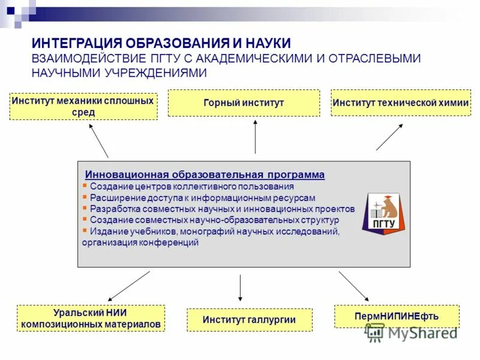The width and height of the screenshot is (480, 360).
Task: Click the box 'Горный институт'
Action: (x=243, y=103)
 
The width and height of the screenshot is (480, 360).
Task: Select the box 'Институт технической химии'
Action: (x=400, y=103)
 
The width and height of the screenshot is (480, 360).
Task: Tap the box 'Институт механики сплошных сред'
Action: (x=83, y=106)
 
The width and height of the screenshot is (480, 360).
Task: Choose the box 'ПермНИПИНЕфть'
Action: (x=396, y=316)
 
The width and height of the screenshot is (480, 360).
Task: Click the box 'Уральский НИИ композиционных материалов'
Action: (x=91, y=318)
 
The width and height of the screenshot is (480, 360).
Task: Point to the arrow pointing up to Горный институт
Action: (x=255, y=136)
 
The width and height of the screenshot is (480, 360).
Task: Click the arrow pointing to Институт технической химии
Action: (x=389, y=137)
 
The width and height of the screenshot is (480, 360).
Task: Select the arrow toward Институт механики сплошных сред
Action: (x=98, y=140)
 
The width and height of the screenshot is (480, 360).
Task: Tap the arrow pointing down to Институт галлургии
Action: (x=240, y=288)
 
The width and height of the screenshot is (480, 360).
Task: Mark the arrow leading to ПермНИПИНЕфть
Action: (x=353, y=286)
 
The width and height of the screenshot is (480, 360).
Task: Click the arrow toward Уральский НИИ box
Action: (x=128, y=286)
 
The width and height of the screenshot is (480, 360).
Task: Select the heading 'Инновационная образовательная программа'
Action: (x=205, y=175)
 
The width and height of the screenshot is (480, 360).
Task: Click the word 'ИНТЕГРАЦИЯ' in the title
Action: (x=76, y=43)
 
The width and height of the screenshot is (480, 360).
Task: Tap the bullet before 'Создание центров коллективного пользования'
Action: (x=85, y=186)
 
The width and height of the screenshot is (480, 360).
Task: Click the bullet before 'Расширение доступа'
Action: (x=85, y=197)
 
